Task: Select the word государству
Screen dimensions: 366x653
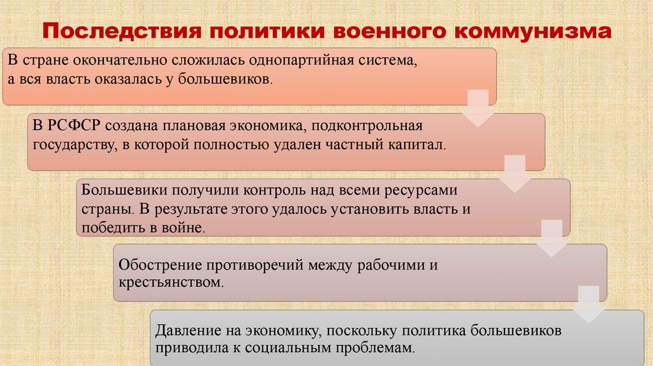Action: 70,145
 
